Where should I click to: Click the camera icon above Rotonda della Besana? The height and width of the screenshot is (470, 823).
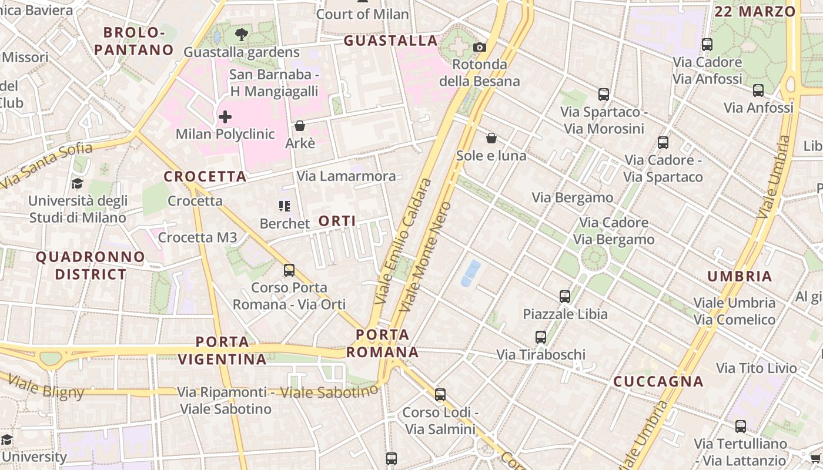480,47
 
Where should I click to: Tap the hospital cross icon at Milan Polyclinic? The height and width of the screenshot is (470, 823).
225,117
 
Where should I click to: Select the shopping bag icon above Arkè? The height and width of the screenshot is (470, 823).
300,126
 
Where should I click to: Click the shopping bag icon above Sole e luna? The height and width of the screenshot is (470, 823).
491,138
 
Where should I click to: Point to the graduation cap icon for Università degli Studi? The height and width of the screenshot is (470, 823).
77,184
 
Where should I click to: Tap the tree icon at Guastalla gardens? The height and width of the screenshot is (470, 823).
241,34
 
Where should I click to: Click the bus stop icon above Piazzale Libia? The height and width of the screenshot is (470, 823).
565,296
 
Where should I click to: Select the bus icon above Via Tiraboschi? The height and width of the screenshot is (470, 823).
541,337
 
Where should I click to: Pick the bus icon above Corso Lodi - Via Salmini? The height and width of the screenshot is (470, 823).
440,394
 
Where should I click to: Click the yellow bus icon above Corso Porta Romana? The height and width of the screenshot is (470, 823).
289,270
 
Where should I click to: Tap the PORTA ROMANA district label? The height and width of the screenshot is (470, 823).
382,344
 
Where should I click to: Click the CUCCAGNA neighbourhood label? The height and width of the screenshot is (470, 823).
658,382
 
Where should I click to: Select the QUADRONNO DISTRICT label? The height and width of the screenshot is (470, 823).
90,266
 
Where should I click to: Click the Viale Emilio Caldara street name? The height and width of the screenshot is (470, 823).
403,241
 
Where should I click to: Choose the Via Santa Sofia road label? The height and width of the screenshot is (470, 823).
47,166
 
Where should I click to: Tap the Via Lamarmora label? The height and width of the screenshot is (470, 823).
346,176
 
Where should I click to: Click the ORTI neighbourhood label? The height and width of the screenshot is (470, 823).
337,221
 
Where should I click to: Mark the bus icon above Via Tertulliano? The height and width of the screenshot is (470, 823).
741,427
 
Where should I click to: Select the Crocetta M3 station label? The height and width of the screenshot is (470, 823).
198,237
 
